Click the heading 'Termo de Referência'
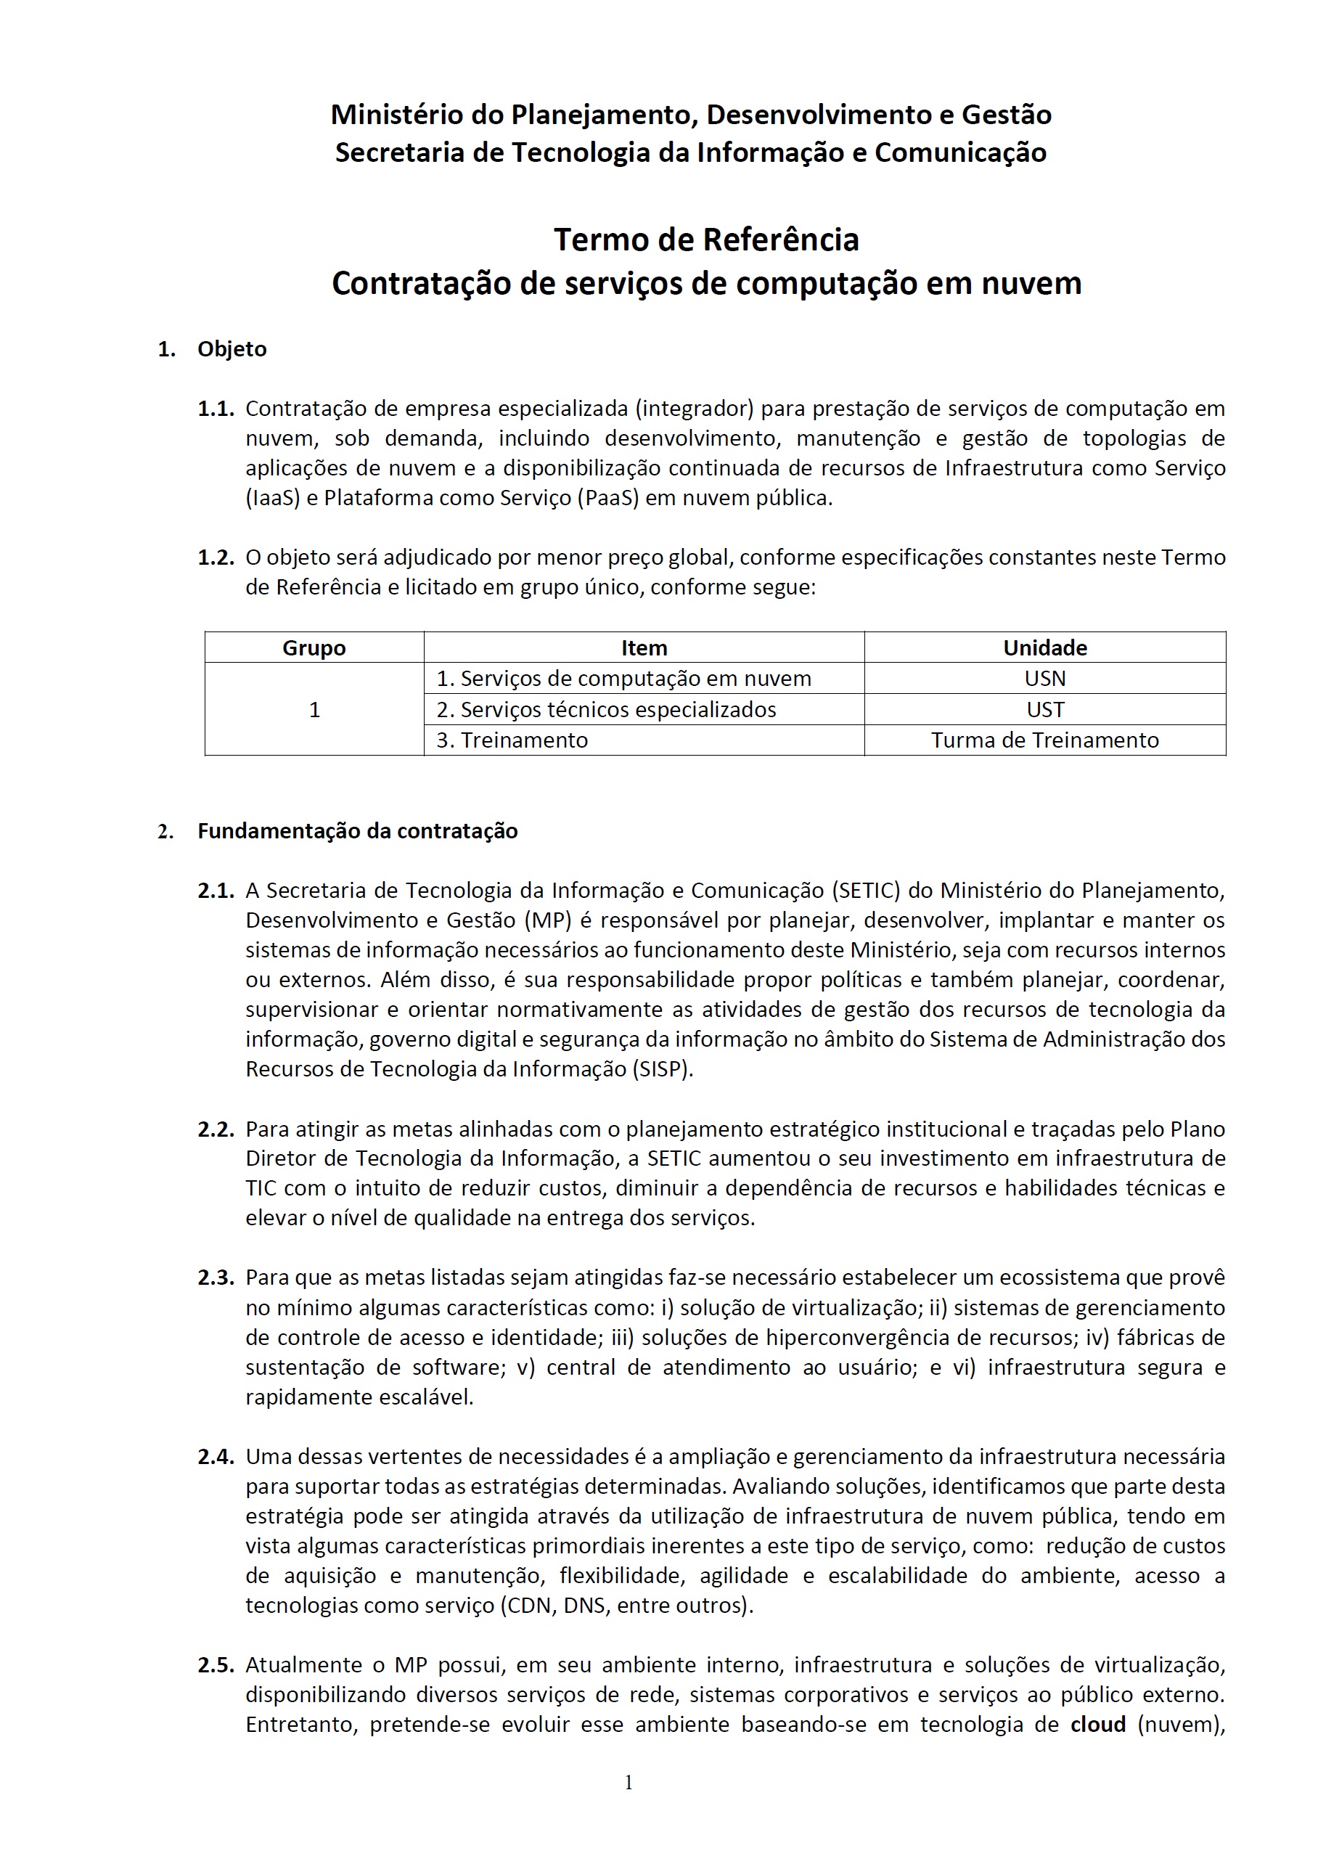(705, 240)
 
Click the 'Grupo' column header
(314, 648)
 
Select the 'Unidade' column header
(1044, 648)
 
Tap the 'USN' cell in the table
(1044, 679)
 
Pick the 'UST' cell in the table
(1044, 710)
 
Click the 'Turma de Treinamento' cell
(1044, 740)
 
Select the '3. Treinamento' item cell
(512, 740)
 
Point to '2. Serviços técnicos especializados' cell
(606, 710)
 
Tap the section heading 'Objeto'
(232, 349)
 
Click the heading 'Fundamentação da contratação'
(357, 831)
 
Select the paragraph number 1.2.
(216, 557)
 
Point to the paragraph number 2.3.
(216, 1278)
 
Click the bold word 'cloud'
(1098, 1725)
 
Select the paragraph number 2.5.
(216, 1665)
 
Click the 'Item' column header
(644, 648)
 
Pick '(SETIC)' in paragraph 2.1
(865, 891)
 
